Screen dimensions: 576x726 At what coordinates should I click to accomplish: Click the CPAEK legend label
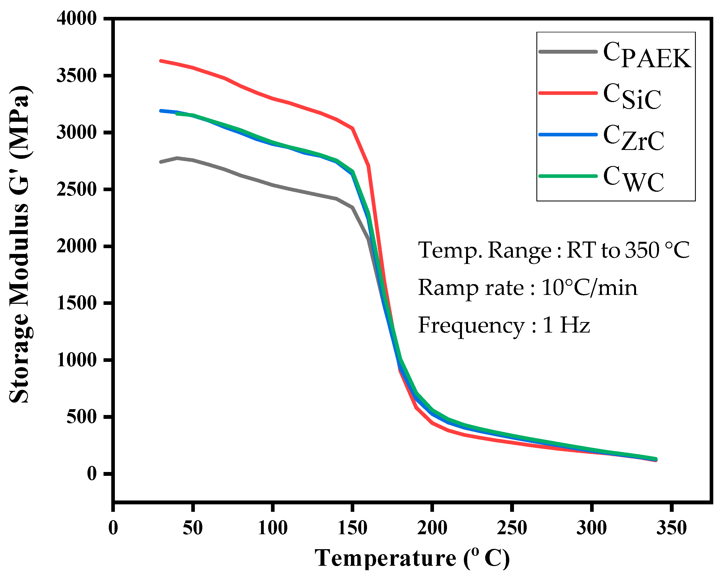point(647,56)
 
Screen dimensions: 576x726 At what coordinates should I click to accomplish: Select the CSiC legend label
point(632,97)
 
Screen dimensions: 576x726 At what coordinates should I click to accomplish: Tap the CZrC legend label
point(633,138)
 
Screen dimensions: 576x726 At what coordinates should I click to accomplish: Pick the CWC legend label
point(633,179)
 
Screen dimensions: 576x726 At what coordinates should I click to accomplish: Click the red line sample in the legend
point(568,93)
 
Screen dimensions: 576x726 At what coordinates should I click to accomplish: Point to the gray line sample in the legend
point(568,51)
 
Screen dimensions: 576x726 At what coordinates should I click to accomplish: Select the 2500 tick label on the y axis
point(77,190)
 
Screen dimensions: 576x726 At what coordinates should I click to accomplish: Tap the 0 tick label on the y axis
point(92,474)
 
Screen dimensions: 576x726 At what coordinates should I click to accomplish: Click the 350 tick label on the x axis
point(671,528)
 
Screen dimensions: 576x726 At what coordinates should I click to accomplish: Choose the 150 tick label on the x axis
point(352,528)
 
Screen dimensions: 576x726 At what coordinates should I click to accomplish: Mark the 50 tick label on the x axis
point(193,528)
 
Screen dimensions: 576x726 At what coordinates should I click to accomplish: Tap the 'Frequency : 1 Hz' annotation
point(504,326)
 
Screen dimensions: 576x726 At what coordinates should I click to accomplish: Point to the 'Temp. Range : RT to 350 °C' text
point(554,250)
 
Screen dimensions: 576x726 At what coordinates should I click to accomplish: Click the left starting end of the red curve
point(161,61)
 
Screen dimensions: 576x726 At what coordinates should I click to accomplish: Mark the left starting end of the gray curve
point(161,162)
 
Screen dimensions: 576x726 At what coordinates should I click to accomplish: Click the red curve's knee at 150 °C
point(353,128)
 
